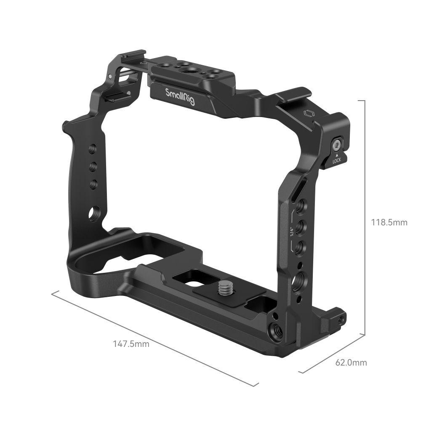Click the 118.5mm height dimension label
click(389, 222)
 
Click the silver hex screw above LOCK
click(337, 146)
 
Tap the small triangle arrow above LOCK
click(337, 156)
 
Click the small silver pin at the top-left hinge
click(110, 77)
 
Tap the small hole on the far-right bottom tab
click(341, 319)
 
